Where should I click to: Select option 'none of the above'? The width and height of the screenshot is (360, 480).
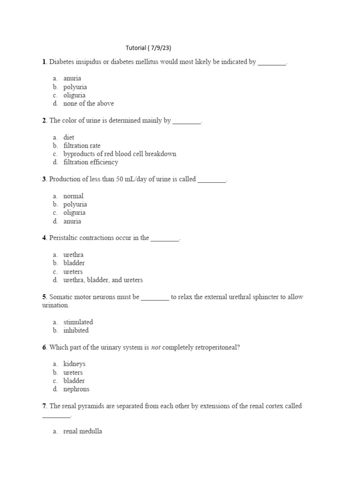click(88, 104)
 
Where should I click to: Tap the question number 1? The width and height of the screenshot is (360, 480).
click(44, 62)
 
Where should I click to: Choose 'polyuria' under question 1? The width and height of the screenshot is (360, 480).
click(75, 87)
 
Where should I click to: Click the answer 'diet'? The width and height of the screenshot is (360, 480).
click(69, 137)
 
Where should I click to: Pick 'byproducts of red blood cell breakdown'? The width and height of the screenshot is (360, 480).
click(120, 154)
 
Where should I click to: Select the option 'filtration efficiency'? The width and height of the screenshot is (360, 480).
click(90, 162)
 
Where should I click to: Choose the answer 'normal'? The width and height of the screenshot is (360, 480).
click(73, 196)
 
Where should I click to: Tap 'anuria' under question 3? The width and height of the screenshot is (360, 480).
click(72, 221)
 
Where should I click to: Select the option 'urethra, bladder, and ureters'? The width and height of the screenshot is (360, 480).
click(103, 280)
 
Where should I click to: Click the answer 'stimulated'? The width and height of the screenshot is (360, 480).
click(78, 322)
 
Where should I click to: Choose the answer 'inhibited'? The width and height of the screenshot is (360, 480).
click(76, 330)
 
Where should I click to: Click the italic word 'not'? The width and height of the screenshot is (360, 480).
click(156, 347)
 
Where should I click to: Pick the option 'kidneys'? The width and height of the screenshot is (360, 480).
click(75, 364)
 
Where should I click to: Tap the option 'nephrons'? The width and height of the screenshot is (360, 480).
click(76, 389)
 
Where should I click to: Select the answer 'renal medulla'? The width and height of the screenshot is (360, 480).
click(82, 431)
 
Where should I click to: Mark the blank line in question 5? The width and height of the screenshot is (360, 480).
click(155, 298)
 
